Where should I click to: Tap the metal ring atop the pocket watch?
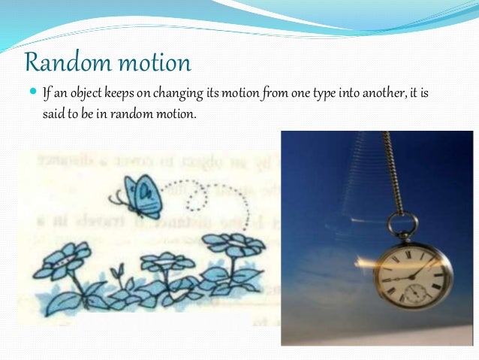point(404,223)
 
